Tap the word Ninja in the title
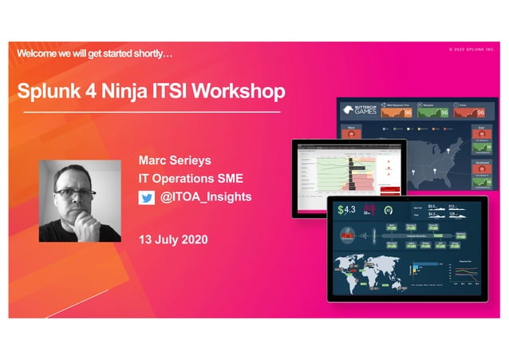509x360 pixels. (126, 92)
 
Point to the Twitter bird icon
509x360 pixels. (146, 198)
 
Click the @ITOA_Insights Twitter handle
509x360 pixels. (206, 197)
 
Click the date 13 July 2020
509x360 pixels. (173, 239)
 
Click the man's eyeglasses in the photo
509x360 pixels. (77, 193)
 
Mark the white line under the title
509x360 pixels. (152, 112)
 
